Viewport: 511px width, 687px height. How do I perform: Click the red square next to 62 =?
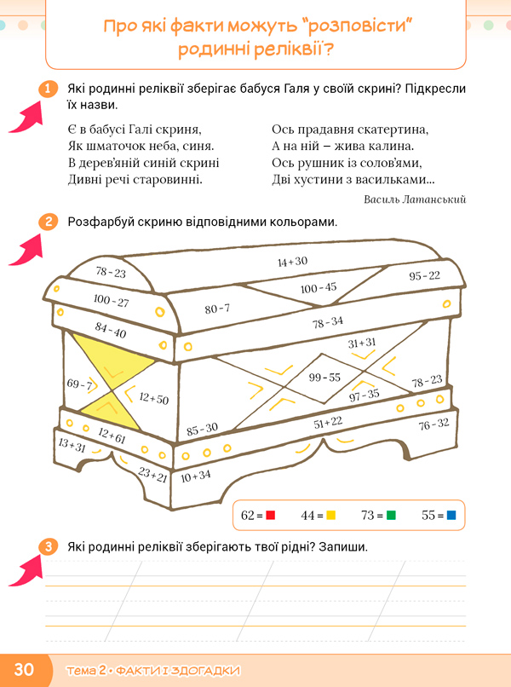tap(271, 516)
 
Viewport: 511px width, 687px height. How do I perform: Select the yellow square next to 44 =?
tap(331, 516)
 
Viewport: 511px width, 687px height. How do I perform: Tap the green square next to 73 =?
tap(391, 516)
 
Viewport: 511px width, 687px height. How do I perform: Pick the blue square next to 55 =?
tap(451, 516)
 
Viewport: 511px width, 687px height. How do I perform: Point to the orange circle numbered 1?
tap(49, 89)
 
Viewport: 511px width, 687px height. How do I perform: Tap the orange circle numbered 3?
tap(49, 546)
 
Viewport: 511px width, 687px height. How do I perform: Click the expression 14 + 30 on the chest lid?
tap(292, 262)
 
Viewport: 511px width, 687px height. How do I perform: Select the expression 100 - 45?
tap(319, 287)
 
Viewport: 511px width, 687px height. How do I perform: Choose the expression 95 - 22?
tap(424, 275)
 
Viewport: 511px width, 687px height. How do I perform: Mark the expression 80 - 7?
tap(217, 309)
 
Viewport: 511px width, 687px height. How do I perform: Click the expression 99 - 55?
tap(324, 377)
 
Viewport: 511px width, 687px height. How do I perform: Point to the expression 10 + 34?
tap(196, 475)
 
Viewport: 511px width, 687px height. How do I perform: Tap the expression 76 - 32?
tap(433, 424)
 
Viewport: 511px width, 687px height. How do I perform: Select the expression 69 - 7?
tap(78, 385)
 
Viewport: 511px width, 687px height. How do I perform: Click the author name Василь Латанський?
tap(415, 199)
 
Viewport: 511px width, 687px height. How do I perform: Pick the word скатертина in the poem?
tap(393, 130)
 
